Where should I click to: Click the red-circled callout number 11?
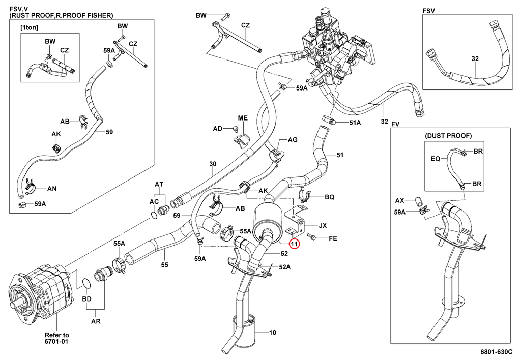coord(295,244)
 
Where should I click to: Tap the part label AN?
coord(52,188)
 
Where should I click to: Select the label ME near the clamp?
coord(243,118)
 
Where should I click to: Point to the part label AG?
coord(293,140)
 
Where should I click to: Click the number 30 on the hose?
coord(213,164)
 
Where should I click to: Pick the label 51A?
coord(355,123)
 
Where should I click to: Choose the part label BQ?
coord(329,196)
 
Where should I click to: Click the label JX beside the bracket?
coord(322,225)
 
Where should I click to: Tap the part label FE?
coord(333,238)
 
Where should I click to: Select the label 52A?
coord(284,267)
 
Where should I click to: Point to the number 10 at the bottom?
coord(272,333)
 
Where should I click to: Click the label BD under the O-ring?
coord(87,299)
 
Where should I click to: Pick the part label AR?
coord(95,322)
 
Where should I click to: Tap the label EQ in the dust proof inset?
coord(436,158)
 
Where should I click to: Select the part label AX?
coord(399,200)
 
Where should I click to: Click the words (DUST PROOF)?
coord(448,136)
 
